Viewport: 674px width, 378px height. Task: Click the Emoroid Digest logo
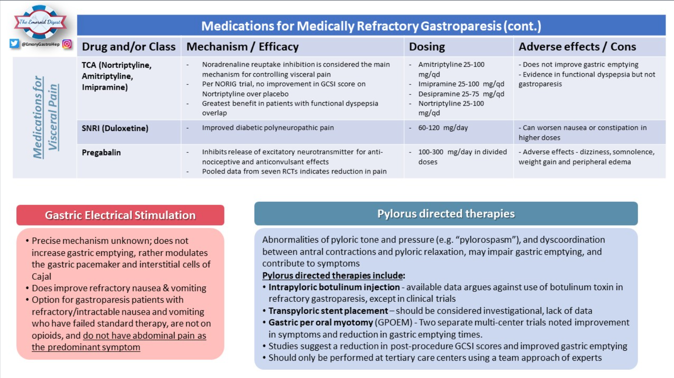(40, 22)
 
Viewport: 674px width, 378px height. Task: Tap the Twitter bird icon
(14, 44)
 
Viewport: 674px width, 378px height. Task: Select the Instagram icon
(67, 44)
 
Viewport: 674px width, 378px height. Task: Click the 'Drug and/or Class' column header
(129, 47)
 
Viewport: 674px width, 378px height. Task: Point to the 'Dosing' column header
(427, 47)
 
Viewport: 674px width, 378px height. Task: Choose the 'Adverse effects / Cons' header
(577, 47)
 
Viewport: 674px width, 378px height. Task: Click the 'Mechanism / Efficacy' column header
(242, 47)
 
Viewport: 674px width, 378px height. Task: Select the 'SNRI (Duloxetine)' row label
(115, 128)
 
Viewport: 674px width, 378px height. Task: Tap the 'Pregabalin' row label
(101, 152)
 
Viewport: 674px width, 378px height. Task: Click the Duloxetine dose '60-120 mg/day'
(443, 128)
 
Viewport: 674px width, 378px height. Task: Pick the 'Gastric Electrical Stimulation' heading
(120, 215)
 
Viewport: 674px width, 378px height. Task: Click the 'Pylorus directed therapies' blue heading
(446, 213)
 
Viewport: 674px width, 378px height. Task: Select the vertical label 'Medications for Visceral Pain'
(45, 117)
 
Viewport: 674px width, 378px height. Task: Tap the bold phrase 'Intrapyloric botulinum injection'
(334, 287)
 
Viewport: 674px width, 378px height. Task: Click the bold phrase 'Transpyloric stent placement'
(328, 311)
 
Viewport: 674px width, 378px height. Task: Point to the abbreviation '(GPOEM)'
(393, 323)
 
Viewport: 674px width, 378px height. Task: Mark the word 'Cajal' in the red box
(41, 276)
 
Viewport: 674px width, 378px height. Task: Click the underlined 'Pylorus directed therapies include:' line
(333, 275)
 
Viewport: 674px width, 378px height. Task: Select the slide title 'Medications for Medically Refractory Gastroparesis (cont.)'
(371, 26)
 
